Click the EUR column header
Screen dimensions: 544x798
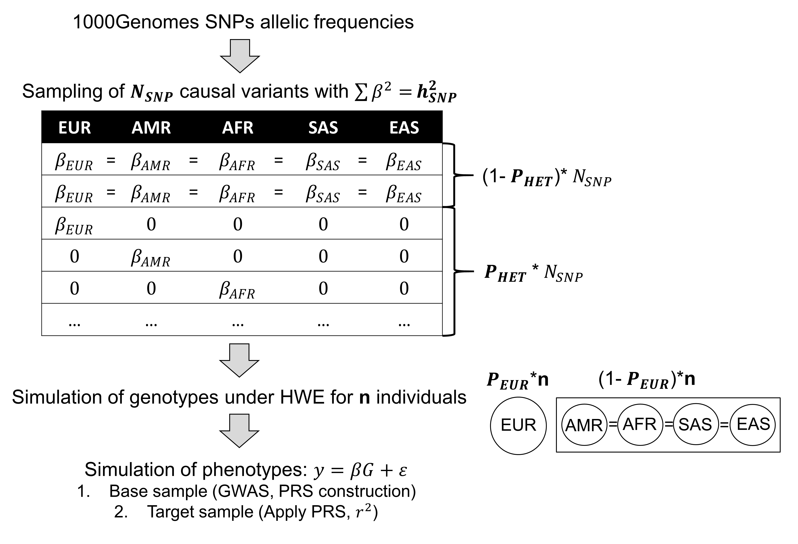pyautogui.click(x=75, y=127)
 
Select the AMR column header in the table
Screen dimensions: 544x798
pyautogui.click(x=151, y=127)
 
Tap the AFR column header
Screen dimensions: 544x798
pyautogui.click(x=238, y=127)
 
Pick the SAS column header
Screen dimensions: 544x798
pyautogui.click(x=323, y=127)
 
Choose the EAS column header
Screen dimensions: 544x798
pyautogui.click(x=404, y=127)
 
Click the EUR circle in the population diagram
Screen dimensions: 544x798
pyautogui.click(x=518, y=426)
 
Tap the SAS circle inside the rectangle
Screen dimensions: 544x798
pyautogui.click(x=695, y=425)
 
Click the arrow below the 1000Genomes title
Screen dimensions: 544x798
pyautogui.click(x=240, y=56)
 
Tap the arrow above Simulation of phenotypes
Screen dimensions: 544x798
pyautogui.click(x=239, y=431)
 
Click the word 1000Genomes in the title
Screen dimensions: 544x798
pyautogui.click(x=136, y=22)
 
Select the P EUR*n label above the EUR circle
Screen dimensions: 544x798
pyautogui.click(x=517, y=380)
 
